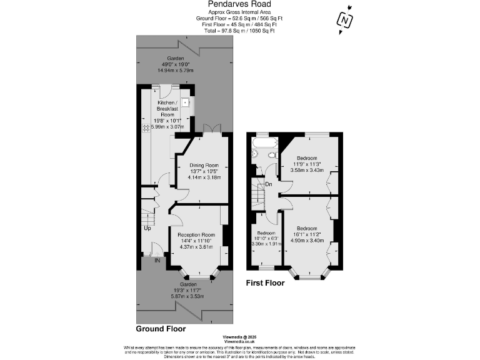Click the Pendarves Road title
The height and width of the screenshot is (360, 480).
[239, 4]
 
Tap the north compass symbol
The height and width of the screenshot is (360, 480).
[344, 20]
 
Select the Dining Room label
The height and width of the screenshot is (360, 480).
[204, 165]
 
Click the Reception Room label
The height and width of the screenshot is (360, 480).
[196, 234]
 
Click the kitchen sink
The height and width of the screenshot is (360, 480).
[186, 101]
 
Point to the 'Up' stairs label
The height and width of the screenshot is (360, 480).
[147, 227]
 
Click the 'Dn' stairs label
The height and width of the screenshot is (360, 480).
[269, 184]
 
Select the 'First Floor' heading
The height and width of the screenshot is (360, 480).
[266, 283]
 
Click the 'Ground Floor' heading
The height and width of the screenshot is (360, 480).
[161, 328]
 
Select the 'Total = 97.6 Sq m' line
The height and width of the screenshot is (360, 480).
[239, 31]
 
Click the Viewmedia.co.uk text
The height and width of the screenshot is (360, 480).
[239, 342]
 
